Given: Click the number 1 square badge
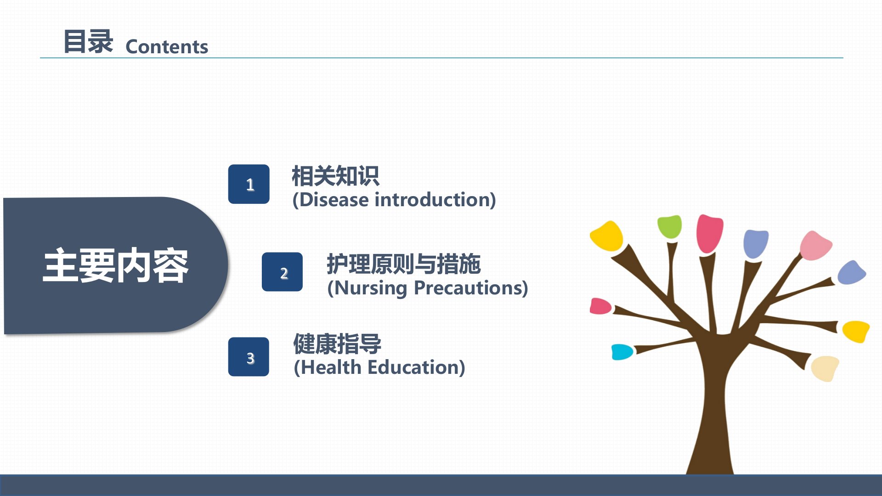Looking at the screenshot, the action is (x=249, y=184).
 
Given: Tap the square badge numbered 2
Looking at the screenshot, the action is (x=282, y=272).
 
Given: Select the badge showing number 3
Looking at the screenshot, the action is (x=249, y=357).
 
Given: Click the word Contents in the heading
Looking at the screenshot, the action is (x=167, y=47).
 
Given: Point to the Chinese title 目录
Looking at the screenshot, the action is (x=88, y=41).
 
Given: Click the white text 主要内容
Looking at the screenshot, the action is (x=115, y=265).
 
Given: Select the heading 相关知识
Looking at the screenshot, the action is (x=336, y=176).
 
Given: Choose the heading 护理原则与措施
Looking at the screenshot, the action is (x=404, y=264).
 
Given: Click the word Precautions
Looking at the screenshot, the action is (x=468, y=288).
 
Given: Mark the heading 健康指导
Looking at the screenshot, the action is (x=338, y=344).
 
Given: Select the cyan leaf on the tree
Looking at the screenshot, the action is (x=622, y=352).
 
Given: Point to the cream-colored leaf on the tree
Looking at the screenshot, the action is (x=825, y=368).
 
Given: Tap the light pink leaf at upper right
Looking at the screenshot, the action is (x=815, y=245).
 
